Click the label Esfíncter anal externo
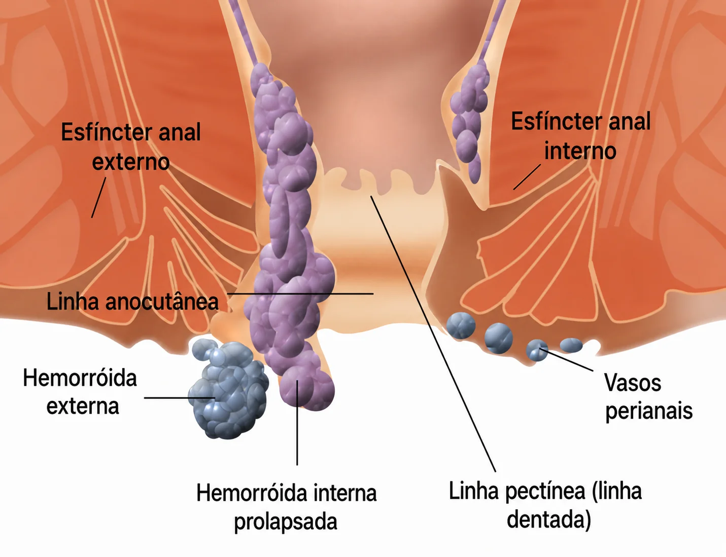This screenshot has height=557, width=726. (x=130, y=146)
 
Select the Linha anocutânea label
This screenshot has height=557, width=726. (x=132, y=302)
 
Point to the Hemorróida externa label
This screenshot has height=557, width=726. (x=80, y=392)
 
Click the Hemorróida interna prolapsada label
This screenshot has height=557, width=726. (x=286, y=507)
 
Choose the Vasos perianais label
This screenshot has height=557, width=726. (x=648, y=396)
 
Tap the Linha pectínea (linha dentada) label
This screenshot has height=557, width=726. (x=545, y=505)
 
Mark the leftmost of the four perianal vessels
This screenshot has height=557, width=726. (x=461, y=326)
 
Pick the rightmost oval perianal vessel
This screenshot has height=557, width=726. (x=571, y=346)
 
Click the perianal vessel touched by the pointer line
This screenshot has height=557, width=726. (x=537, y=350)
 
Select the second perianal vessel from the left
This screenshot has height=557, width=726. (x=499, y=338)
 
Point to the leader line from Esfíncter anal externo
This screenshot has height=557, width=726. (x=98, y=198)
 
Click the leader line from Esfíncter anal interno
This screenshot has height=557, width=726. (x=527, y=177)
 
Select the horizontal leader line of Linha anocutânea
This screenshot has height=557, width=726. (x=300, y=294)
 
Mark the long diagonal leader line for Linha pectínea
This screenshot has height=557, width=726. (x=433, y=333)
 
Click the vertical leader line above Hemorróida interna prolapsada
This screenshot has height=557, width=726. (x=297, y=423)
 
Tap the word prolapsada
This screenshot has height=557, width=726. (x=285, y=522)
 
